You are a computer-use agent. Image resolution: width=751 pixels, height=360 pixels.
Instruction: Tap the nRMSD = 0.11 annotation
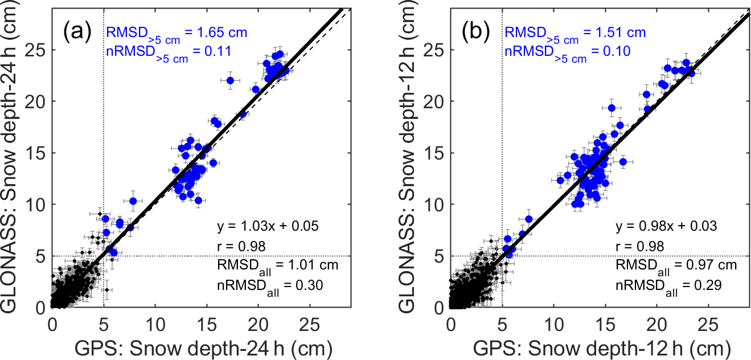tap(168, 53)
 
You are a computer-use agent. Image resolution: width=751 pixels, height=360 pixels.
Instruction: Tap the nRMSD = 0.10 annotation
tap(567, 53)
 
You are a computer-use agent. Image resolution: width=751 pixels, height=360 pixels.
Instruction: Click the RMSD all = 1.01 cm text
tap(277, 265)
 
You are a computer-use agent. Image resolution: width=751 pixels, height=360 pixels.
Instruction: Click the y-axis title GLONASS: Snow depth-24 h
tap(13, 162)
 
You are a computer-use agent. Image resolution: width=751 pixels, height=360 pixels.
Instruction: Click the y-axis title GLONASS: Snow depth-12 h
tap(411, 162)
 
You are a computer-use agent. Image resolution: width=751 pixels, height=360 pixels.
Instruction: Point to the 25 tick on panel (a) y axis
tap(38, 50)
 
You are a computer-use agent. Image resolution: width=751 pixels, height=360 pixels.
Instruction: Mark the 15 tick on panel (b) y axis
tap(436, 153)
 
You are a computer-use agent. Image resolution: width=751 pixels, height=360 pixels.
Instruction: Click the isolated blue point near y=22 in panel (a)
tap(231, 80)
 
